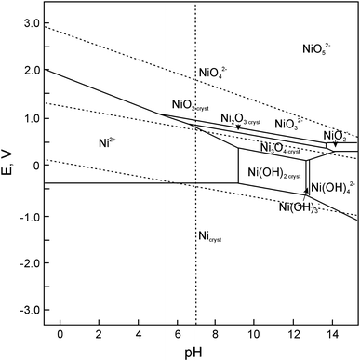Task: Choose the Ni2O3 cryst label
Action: [x=241, y=119]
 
